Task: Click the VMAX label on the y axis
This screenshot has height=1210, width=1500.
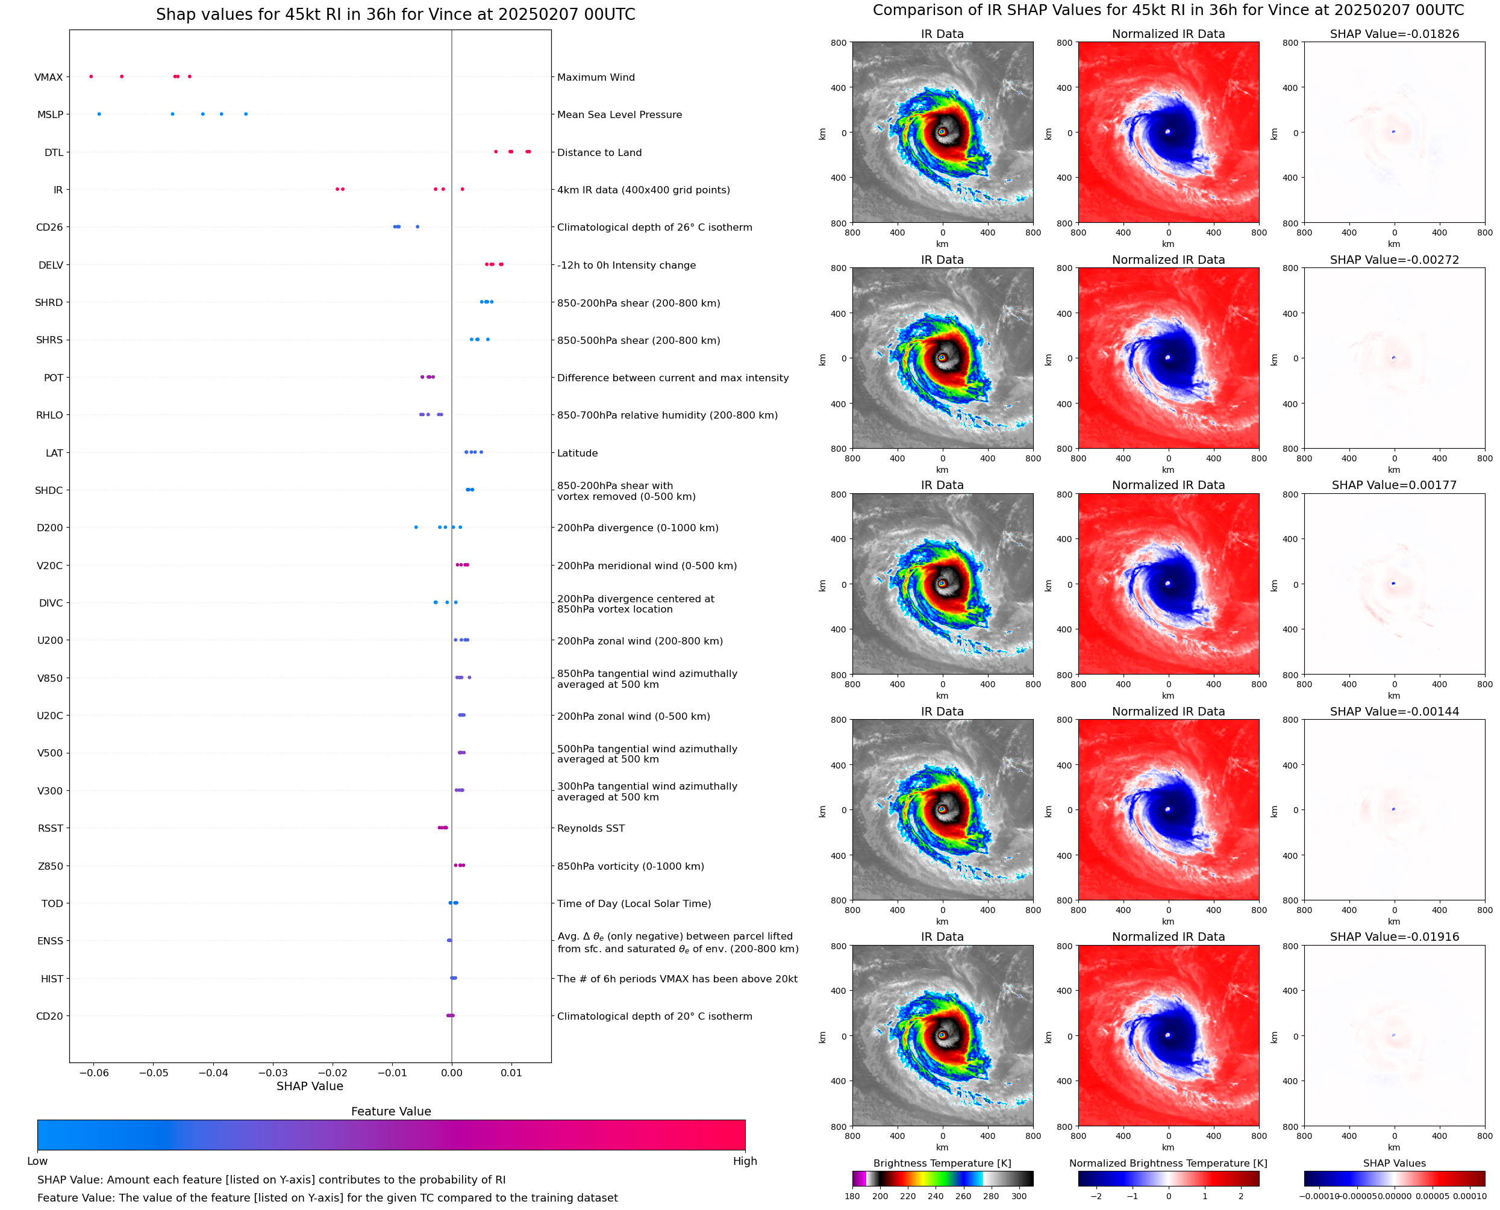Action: [48, 77]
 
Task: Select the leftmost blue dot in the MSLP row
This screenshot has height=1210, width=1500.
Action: [99, 114]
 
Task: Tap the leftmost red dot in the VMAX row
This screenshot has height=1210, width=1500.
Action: [92, 76]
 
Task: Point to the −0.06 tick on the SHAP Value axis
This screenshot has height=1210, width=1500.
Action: [93, 1073]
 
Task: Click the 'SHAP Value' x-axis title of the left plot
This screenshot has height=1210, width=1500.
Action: [310, 1086]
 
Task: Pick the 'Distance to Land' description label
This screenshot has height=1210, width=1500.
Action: [599, 152]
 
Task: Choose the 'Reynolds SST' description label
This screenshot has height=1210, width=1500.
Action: [590, 828]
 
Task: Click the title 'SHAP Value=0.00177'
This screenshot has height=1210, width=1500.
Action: [1393, 485]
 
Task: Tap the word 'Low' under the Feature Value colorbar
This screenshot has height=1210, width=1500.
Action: [37, 1161]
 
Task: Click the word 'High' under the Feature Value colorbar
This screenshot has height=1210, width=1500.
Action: [745, 1161]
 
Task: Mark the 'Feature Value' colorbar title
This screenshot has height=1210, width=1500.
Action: [390, 1112]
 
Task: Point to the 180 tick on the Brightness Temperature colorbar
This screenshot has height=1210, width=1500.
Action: [852, 1196]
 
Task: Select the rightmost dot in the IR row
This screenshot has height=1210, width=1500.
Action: [462, 190]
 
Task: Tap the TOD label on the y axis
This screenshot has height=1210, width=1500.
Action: [52, 903]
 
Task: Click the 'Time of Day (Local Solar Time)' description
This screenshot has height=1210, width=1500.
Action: [634, 903]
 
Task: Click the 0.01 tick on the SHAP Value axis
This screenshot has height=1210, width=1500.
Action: [511, 1073]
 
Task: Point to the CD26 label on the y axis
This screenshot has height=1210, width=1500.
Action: [49, 227]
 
